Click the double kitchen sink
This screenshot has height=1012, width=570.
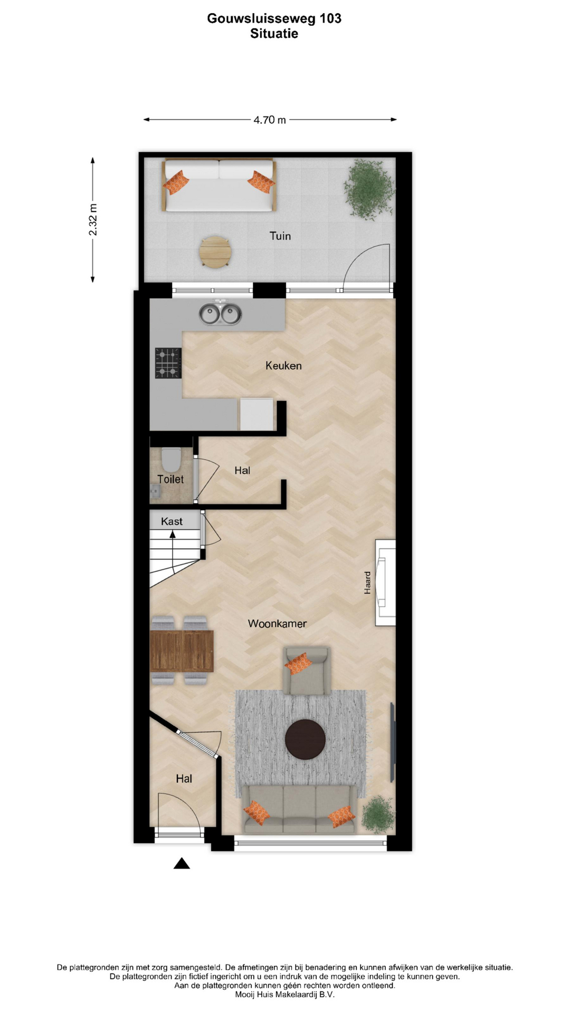220,314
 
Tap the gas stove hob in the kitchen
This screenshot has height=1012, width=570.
168,363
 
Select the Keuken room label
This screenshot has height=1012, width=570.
283,366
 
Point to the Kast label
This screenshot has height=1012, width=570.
172,521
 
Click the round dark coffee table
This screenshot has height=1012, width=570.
305,739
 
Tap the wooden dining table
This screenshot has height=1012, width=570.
182,651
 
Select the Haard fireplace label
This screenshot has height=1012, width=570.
368,583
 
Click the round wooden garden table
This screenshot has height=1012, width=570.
215,252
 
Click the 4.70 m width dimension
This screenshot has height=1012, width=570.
270,120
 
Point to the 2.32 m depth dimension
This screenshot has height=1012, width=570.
93,220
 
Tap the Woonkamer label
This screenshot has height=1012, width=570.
277,624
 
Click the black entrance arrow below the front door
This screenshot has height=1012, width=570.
182,863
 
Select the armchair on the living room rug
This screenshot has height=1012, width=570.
307,670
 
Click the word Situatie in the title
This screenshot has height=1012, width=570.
274,34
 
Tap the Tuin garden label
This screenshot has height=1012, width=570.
280,236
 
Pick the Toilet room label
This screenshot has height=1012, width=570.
170,479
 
